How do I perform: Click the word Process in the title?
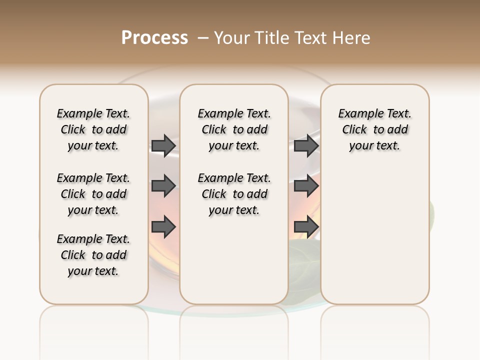click(154, 38)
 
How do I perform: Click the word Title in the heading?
click(273, 38)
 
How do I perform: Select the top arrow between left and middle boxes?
click(163, 145)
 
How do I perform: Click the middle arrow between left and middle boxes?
click(163, 186)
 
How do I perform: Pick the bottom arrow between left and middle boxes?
click(163, 227)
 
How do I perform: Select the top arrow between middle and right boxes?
click(306, 145)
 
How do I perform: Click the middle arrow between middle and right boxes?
click(306, 186)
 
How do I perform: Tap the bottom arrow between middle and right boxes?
click(306, 227)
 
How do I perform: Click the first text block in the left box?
click(93, 129)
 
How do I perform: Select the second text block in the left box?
click(93, 194)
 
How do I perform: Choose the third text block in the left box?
click(93, 255)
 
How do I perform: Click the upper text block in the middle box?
click(234, 129)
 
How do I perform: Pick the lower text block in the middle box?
click(234, 194)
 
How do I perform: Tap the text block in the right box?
click(374, 129)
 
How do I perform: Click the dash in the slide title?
click(203, 38)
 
